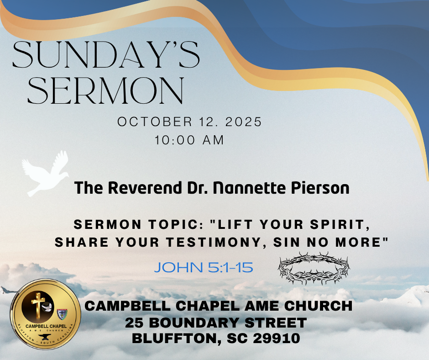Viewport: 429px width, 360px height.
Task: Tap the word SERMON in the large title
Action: pos(105,91)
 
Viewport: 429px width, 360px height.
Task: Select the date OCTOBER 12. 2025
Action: pos(190,122)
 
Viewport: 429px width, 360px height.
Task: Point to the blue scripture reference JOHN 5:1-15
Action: pos(204,267)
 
